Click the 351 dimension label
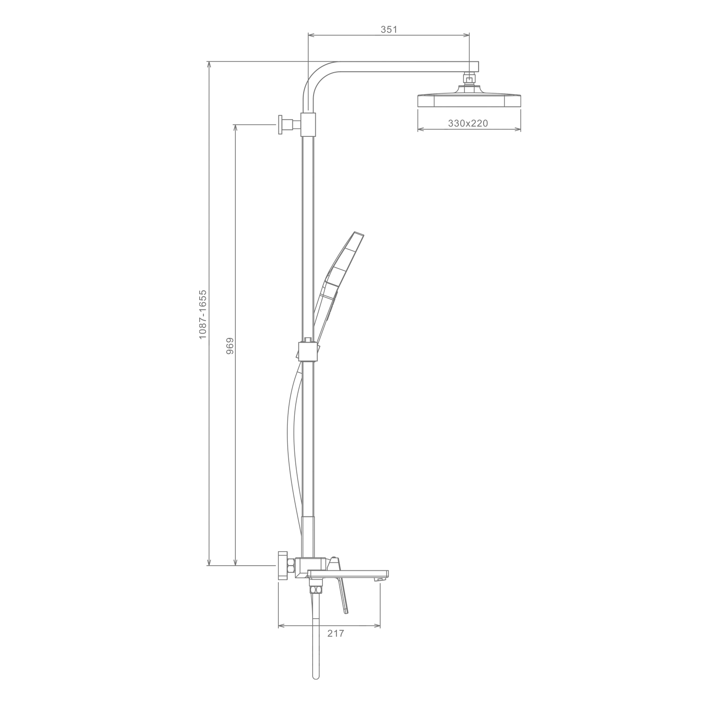pos(389,29)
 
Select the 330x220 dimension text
pos(468,123)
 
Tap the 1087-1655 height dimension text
pos(202,314)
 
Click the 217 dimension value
pos(336,634)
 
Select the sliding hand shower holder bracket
pos(308,351)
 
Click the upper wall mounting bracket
pos(290,125)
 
